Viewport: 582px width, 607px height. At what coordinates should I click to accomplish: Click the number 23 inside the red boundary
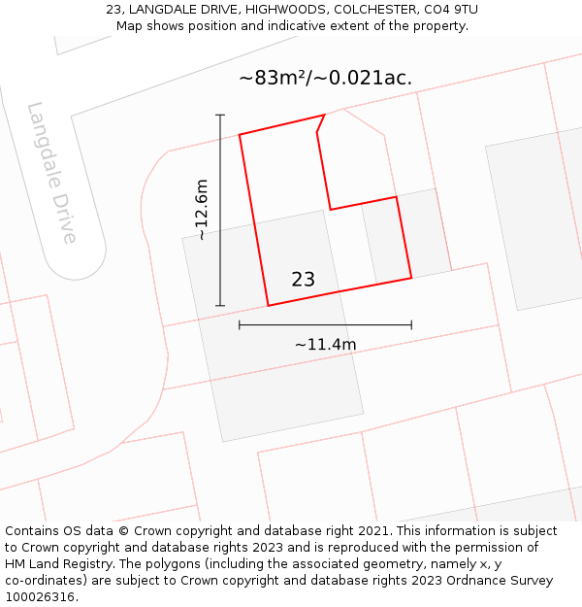(x=303, y=280)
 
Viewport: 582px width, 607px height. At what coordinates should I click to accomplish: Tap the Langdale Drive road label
(x=52, y=173)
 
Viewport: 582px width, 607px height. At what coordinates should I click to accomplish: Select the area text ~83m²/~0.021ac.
(x=326, y=79)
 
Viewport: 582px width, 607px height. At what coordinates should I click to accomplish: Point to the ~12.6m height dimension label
(x=201, y=210)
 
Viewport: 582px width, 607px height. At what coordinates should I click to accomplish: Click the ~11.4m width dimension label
(x=325, y=344)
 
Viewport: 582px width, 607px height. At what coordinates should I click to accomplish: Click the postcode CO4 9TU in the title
(x=449, y=10)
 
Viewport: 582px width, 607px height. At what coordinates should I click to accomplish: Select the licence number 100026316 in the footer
(x=40, y=597)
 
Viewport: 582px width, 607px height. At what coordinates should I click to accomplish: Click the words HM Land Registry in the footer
(x=55, y=564)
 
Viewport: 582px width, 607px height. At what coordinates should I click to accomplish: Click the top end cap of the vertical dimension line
(x=220, y=116)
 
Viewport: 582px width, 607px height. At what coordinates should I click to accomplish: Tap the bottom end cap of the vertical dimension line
(x=220, y=306)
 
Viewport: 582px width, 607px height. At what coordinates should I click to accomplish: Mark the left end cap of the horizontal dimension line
(x=240, y=324)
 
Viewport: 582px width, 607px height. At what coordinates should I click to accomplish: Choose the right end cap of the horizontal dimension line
(x=411, y=324)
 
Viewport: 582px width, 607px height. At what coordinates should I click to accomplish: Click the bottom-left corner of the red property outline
(x=268, y=306)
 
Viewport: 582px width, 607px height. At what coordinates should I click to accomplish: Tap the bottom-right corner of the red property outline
(x=411, y=278)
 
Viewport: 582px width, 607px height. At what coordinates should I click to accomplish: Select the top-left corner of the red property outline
(x=240, y=135)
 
